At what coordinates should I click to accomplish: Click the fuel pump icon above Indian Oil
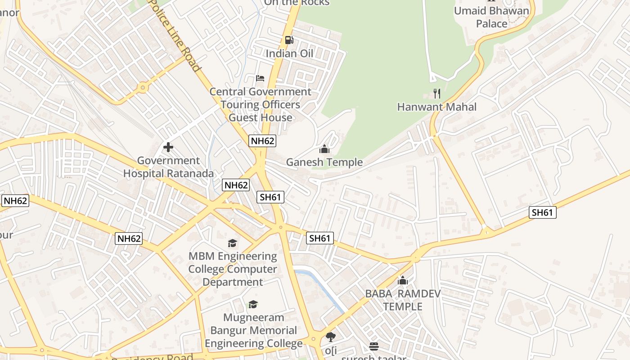pyautogui.click(x=289, y=40)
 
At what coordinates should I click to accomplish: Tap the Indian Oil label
pyautogui.click(x=289, y=54)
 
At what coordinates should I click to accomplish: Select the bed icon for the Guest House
pyautogui.click(x=260, y=78)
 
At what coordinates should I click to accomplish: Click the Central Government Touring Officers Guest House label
pyautogui.click(x=261, y=104)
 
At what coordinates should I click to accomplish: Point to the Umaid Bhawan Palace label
pyautogui.click(x=491, y=17)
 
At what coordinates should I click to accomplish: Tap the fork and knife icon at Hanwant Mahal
pyautogui.click(x=436, y=94)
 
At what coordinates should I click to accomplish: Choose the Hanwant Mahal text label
pyautogui.click(x=436, y=107)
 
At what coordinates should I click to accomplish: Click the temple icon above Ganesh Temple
pyautogui.click(x=324, y=149)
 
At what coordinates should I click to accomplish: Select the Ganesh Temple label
pyautogui.click(x=324, y=162)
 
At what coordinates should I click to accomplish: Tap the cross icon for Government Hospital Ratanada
pyautogui.click(x=168, y=147)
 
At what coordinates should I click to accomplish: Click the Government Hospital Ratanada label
pyautogui.click(x=168, y=167)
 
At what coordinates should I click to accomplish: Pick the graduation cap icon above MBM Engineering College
pyautogui.click(x=232, y=243)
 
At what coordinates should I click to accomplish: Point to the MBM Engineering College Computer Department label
pyautogui.click(x=233, y=269)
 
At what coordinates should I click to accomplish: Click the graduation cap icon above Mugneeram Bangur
pyautogui.click(x=253, y=305)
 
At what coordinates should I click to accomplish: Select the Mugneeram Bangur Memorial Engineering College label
pyautogui.click(x=254, y=330)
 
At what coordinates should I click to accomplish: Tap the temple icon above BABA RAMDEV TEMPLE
pyautogui.click(x=403, y=281)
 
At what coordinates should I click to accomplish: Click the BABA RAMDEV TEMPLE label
pyautogui.click(x=403, y=300)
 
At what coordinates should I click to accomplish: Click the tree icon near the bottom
pyautogui.click(x=331, y=337)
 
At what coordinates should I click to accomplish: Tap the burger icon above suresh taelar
pyautogui.click(x=374, y=346)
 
